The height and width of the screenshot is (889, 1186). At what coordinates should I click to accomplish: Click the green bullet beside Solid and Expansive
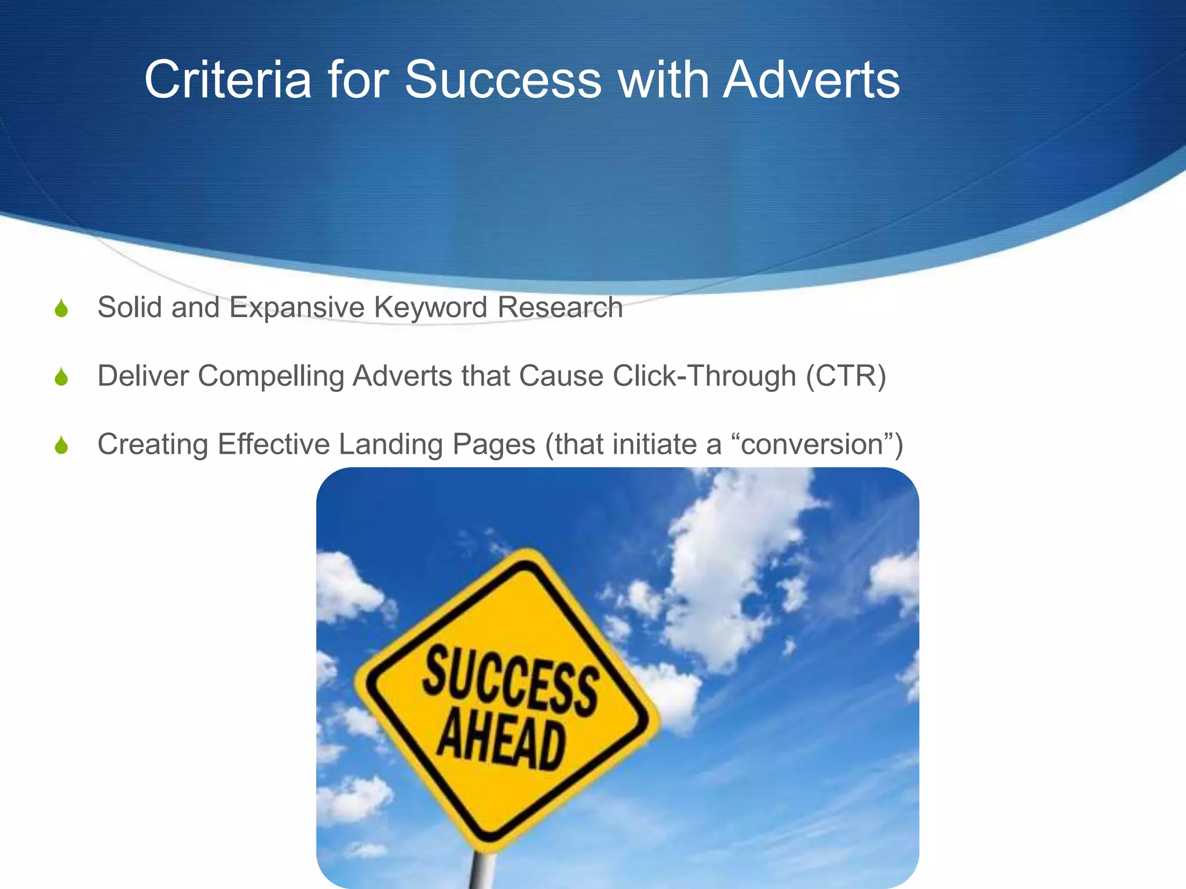61,308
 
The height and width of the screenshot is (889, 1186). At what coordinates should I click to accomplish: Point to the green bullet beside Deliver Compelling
61,377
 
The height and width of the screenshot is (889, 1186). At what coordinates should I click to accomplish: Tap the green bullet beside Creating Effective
61,445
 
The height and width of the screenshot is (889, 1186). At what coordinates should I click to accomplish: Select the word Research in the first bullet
560,307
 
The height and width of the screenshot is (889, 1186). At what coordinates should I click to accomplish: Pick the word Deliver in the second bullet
143,376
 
